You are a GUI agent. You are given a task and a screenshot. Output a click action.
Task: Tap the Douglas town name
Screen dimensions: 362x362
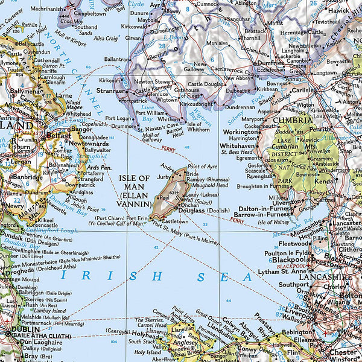[x=190, y=210]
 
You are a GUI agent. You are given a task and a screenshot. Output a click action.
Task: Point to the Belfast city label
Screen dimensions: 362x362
[x=59, y=136]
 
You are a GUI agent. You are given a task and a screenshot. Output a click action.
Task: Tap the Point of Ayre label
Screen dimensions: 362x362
[x=202, y=166]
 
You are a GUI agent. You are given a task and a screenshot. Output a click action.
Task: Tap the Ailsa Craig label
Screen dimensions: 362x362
[x=105, y=38]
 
